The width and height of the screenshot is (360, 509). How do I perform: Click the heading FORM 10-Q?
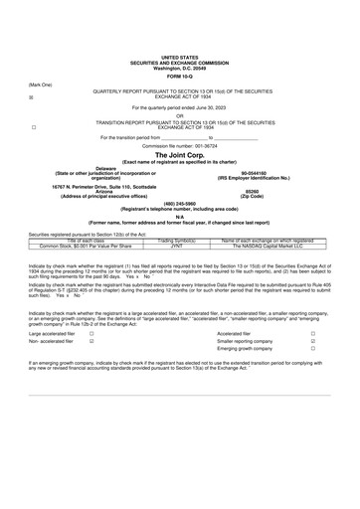tap(180, 76)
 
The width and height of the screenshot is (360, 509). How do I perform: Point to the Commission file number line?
tap(180, 145)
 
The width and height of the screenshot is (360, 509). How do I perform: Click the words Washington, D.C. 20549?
tap(180, 67)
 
